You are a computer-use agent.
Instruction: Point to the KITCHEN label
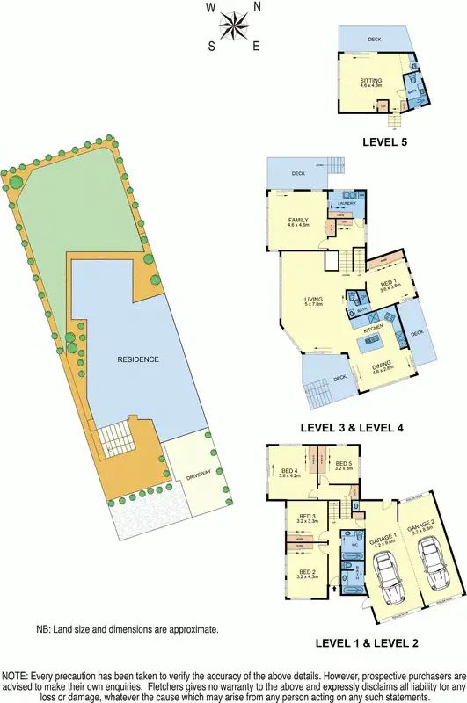365,328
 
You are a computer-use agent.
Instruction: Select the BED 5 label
341,465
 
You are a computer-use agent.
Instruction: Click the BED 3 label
307,517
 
